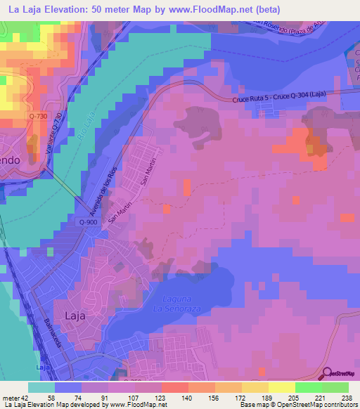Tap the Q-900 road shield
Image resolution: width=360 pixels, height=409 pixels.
[88, 222]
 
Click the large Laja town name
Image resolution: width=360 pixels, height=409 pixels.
[75, 316]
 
